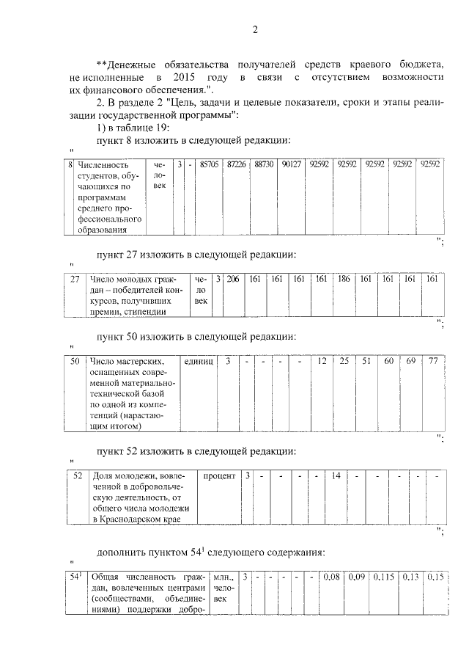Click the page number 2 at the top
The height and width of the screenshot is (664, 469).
[255, 30]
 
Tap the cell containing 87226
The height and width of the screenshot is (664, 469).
[237, 165]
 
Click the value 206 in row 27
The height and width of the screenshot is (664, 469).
[233, 279]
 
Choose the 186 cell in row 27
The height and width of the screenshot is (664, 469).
[343, 279]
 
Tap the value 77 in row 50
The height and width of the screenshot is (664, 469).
[432, 361]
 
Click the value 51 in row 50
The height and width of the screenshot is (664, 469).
[366, 361]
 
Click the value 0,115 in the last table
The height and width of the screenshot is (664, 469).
[383, 577]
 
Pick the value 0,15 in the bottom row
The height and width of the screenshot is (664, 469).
[437, 577]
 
